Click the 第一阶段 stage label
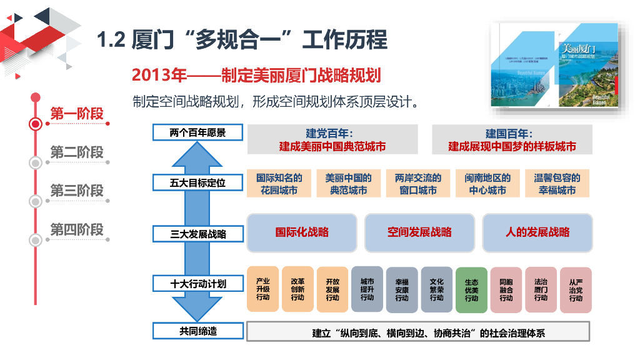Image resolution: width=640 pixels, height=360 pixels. pyautogui.click(x=77, y=114)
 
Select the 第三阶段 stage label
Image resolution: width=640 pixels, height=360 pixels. pyautogui.click(x=77, y=191)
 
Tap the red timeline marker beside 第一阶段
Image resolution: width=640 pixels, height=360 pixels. pyautogui.click(x=36, y=123)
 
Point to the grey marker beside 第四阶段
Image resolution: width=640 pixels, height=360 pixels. pyautogui.click(x=36, y=239)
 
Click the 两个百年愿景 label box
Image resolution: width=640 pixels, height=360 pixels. pyautogui.click(x=197, y=132)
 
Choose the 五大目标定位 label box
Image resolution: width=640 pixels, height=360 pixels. pyautogui.click(x=197, y=183)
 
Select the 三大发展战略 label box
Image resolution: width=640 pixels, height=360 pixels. pyautogui.click(x=197, y=234)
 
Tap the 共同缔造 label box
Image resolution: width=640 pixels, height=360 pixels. pyautogui.click(x=197, y=331)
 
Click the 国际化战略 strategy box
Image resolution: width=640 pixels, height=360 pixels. pyautogui.click(x=302, y=232)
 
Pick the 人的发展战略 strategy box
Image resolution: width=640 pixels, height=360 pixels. pyautogui.click(x=537, y=232)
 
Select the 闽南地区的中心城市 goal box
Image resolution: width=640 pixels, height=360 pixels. pyautogui.click(x=487, y=184)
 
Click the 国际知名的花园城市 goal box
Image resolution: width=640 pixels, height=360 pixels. pyautogui.click(x=279, y=184)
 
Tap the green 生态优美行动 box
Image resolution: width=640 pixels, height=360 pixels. pyautogui.click(x=471, y=290)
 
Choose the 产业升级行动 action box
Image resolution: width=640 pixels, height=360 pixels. pyautogui.click(x=263, y=289)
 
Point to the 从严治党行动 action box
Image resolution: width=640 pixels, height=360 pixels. pyautogui.click(x=576, y=290)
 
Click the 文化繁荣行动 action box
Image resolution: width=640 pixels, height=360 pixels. pyautogui.click(x=436, y=289)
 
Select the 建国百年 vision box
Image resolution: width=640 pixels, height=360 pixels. pyautogui.click(x=512, y=140)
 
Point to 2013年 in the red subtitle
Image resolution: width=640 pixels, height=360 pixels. pyautogui.click(x=159, y=75)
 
